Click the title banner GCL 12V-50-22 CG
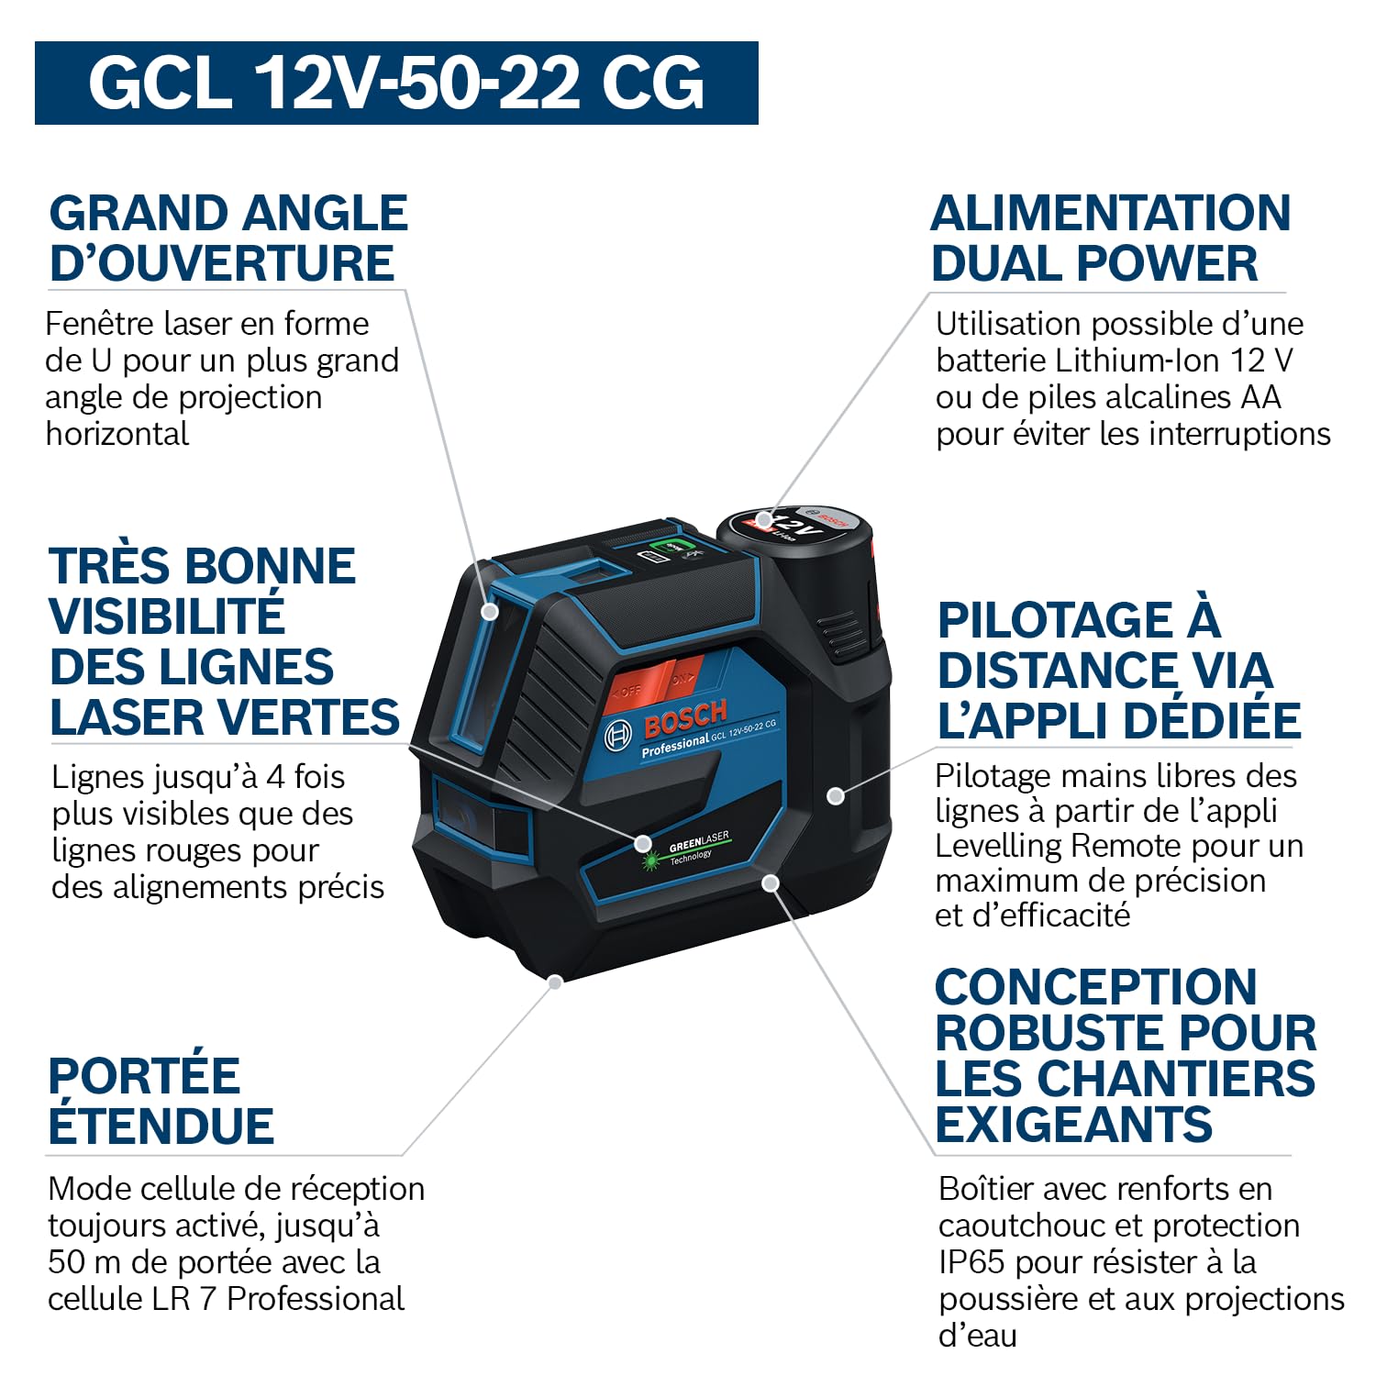tap(396, 83)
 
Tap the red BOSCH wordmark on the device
tap(685, 718)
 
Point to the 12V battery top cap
tap(793, 527)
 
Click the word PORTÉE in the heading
tap(144, 1076)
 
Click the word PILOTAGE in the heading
tap(1055, 621)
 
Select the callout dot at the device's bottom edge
tap(555, 982)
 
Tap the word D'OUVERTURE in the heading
tap(222, 263)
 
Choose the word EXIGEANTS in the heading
tap(1074, 1125)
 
